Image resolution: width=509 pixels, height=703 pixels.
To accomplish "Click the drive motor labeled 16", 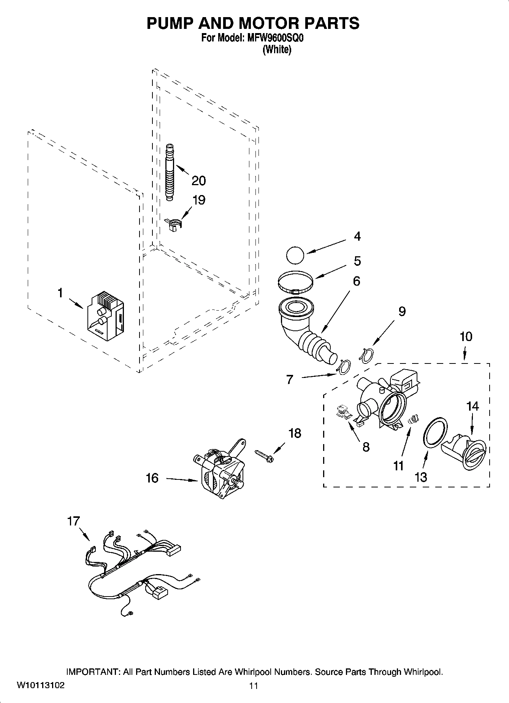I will (x=219, y=471).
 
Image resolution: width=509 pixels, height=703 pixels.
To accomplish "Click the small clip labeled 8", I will (x=344, y=413).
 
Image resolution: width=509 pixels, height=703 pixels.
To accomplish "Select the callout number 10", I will (x=466, y=336).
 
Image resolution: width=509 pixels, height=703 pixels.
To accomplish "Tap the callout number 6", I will (x=356, y=281).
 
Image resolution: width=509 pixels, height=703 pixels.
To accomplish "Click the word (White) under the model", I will (x=277, y=49).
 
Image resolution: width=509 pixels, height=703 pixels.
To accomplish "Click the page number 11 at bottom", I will (x=254, y=686).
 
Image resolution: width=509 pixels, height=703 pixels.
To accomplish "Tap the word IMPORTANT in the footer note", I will (x=93, y=672).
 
